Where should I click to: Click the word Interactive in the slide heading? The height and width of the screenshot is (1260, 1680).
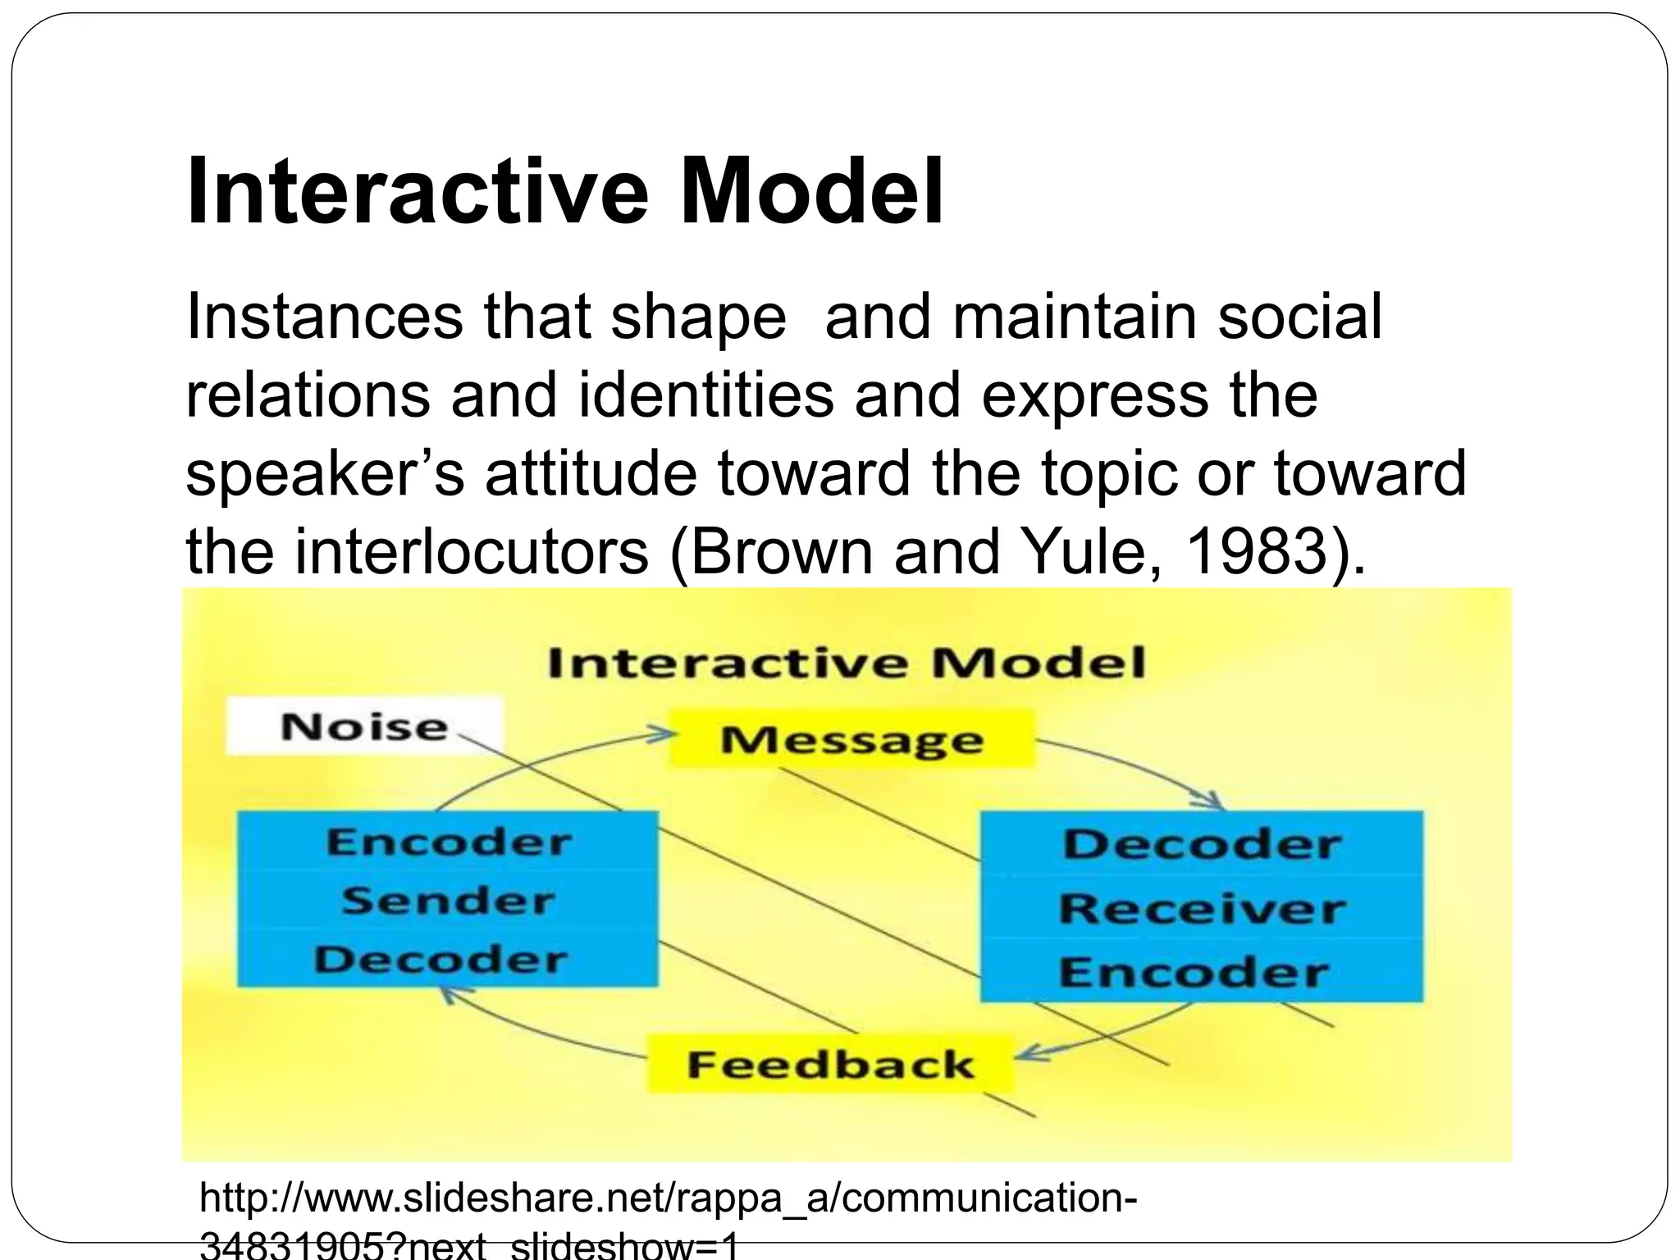pyautogui.click(x=418, y=192)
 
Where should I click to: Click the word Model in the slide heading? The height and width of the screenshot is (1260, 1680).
pyautogui.click(x=812, y=192)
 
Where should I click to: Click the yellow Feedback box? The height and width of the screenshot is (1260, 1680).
pyautogui.click(x=830, y=1065)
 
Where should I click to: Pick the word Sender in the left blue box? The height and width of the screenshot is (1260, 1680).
pyautogui.click(x=448, y=901)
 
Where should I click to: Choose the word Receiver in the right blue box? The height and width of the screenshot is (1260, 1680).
pyautogui.click(x=1202, y=909)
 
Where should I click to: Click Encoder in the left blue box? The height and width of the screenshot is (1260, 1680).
pyautogui.click(x=448, y=842)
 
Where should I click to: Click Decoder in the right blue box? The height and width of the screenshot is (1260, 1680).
pyautogui.click(x=1202, y=845)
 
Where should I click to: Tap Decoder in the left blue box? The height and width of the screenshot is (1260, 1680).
pyautogui.click(x=441, y=960)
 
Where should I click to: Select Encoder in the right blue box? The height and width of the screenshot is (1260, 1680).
pyautogui.click(x=1194, y=973)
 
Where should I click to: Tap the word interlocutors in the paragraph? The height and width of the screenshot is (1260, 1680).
pyautogui.click(x=471, y=551)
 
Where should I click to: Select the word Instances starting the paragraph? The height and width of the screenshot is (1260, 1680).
pyautogui.click(x=324, y=317)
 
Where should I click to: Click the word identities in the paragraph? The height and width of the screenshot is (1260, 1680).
pyautogui.click(x=705, y=395)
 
